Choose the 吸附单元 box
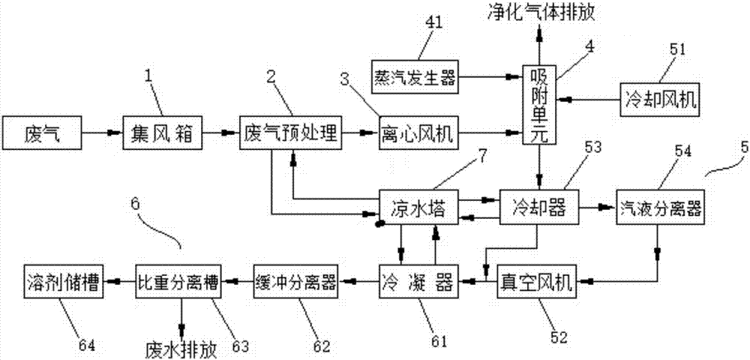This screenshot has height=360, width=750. pyautogui.click(x=539, y=105)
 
